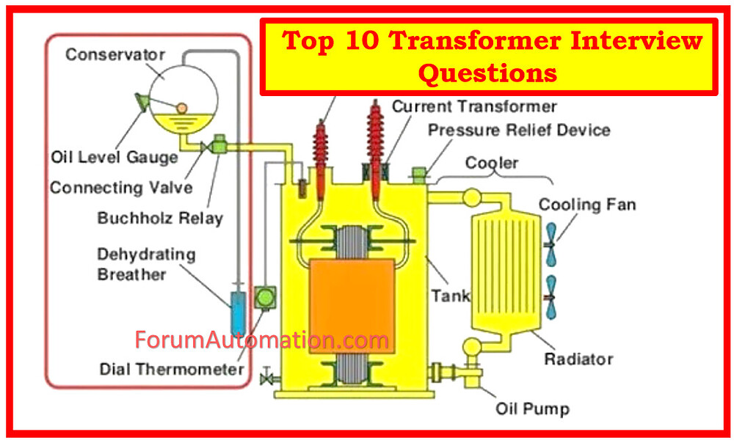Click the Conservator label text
115,55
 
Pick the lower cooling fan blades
550,298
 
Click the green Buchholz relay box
219,146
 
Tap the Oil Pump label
532,409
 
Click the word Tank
450,296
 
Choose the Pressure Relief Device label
519,130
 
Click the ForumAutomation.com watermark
262,340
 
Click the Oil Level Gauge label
114,157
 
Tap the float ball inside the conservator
181,108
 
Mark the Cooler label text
492,162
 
